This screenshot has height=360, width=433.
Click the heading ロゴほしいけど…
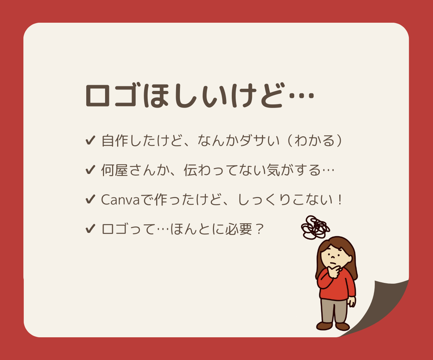200,96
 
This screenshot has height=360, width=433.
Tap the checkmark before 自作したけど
90,141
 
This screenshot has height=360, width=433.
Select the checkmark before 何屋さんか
90,170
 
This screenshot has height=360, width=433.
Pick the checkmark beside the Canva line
90,200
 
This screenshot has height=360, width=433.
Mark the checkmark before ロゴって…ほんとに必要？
90,229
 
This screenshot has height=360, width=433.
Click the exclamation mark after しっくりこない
340,200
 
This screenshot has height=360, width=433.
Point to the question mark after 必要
259,229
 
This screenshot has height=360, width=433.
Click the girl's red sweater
339,288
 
